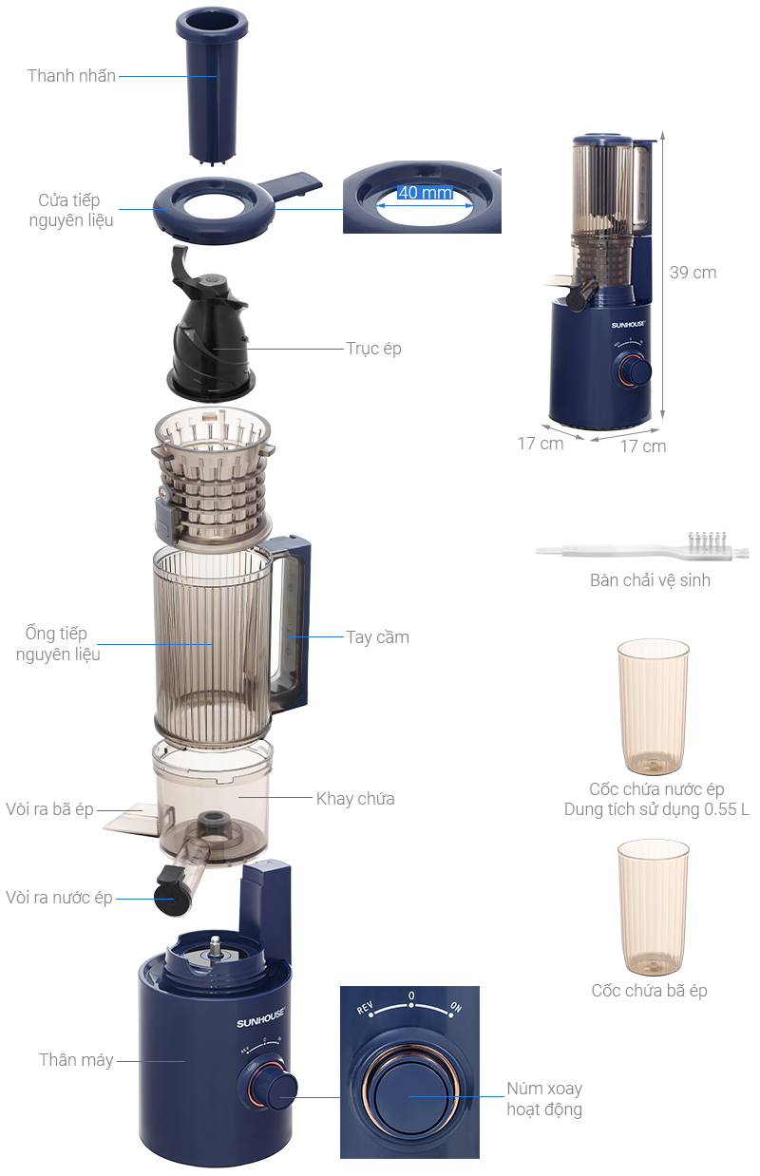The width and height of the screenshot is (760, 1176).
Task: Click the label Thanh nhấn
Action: click(x=71, y=76)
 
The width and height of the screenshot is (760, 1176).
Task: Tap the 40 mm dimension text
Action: click(x=425, y=193)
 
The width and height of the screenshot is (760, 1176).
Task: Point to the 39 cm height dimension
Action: click(x=693, y=273)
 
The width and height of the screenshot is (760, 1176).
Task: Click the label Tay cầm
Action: click(x=377, y=636)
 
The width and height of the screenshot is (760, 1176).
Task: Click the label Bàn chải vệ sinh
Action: click(x=650, y=580)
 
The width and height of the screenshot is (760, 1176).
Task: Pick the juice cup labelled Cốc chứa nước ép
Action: click(x=653, y=707)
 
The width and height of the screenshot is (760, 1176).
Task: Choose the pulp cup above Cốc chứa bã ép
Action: click(x=653, y=907)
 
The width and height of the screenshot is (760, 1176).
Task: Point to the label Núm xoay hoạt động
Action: click(x=544, y=1099)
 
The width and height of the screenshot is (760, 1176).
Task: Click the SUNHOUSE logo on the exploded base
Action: click(x=260, y=1017)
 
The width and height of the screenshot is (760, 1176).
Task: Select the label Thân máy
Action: click(x=76, y=1060)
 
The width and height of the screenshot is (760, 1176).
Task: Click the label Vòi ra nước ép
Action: click(x=59, y=898)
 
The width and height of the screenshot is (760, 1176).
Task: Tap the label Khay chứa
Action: click(x=355, y=799)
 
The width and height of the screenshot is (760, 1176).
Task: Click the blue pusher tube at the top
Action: click(x=212, y=86)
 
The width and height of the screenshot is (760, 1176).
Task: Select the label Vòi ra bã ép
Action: click(x=49, y=809)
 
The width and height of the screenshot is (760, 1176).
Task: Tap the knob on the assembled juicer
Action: click(x=635, y=370)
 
